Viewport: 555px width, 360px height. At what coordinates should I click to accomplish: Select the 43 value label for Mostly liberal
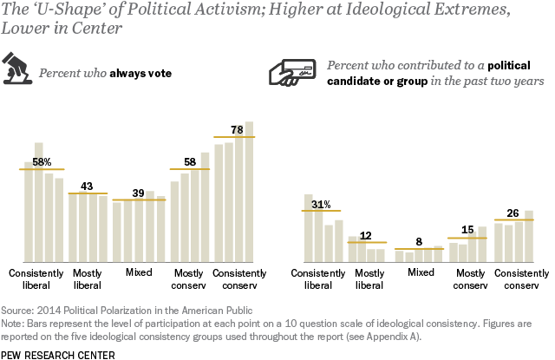[87, 186]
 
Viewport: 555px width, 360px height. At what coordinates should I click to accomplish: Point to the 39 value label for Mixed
[138, 193]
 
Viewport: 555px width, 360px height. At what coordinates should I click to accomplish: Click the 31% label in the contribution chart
[321, 204]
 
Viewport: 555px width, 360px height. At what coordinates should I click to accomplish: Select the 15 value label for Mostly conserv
[467, 230]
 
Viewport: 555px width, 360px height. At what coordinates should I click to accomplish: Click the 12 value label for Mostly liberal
[365, 235]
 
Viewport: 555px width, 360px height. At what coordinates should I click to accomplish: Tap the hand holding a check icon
[295, 75]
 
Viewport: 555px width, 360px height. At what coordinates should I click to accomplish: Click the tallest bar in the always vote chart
[249, 192]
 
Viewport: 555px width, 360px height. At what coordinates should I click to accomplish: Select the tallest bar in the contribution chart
[308, 228]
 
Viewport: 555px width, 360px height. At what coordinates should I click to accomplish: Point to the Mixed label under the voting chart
[138, 272]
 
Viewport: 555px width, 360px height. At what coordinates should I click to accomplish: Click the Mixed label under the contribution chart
[421, 272]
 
